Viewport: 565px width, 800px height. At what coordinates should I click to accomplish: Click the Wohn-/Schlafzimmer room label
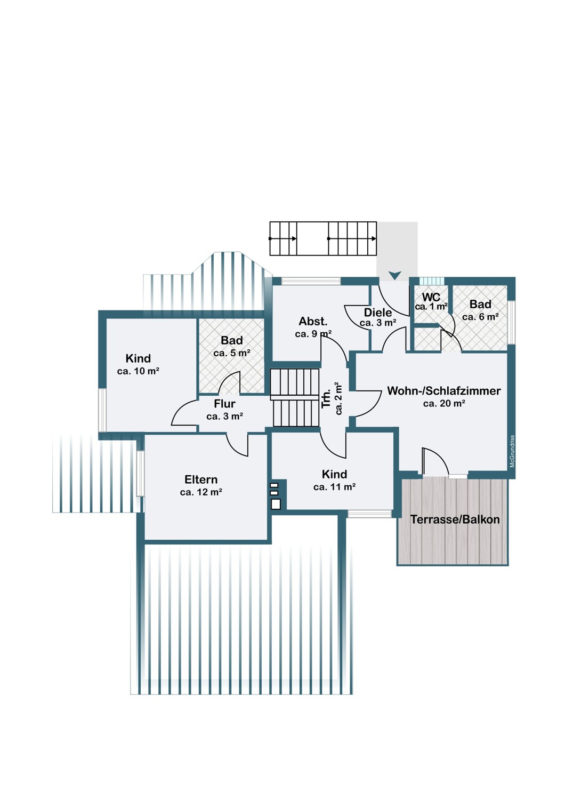(x=443, y=391)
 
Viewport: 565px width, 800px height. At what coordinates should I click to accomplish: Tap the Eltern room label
(x=201, y=479)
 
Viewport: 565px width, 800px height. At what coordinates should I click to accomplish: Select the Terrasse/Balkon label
(x=455, y=519)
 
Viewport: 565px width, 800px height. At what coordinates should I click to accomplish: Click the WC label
(x=431, y=297)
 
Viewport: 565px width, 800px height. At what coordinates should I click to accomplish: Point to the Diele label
(x=377, y=313)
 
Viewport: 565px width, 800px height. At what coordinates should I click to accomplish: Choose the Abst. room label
(x=313, y=322)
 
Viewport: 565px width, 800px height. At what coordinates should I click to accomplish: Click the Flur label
(x=224, y=404)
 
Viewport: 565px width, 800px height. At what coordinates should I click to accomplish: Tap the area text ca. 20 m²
(x=444, y=404)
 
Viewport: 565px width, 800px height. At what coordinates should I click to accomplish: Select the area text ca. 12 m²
(x=201, y=492)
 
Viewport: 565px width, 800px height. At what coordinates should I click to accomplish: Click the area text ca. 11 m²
(x=334, y=487)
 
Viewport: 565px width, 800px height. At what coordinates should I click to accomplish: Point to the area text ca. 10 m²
(x=138, y=371)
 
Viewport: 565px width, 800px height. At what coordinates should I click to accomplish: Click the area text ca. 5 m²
(x=232, y=353)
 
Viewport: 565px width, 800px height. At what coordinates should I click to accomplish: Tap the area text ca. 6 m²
(x=480, y=317)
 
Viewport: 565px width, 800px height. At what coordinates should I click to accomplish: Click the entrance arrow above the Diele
(x=395, y=275)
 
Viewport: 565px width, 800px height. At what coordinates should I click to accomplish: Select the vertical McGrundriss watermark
(x=512, y=451)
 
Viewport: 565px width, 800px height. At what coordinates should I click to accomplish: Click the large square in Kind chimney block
(x=276, y=504)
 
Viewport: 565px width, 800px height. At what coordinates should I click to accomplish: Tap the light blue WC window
(x=432, y=281)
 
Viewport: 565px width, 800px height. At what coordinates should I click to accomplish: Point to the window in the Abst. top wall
(x=311, y=281)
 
